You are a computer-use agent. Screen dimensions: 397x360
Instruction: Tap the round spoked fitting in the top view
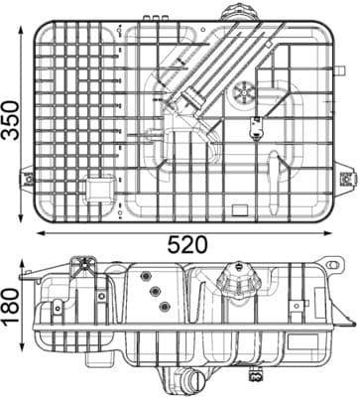pos(244,96)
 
